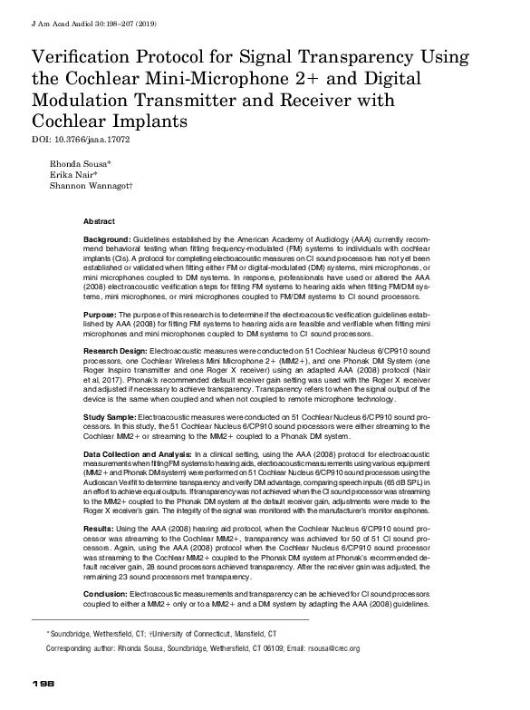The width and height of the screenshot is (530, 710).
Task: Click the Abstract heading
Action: pyautogui.click(x=99, y=221)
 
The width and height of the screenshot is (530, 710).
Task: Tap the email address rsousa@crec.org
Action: pyautogui.click(x=327, y=648)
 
